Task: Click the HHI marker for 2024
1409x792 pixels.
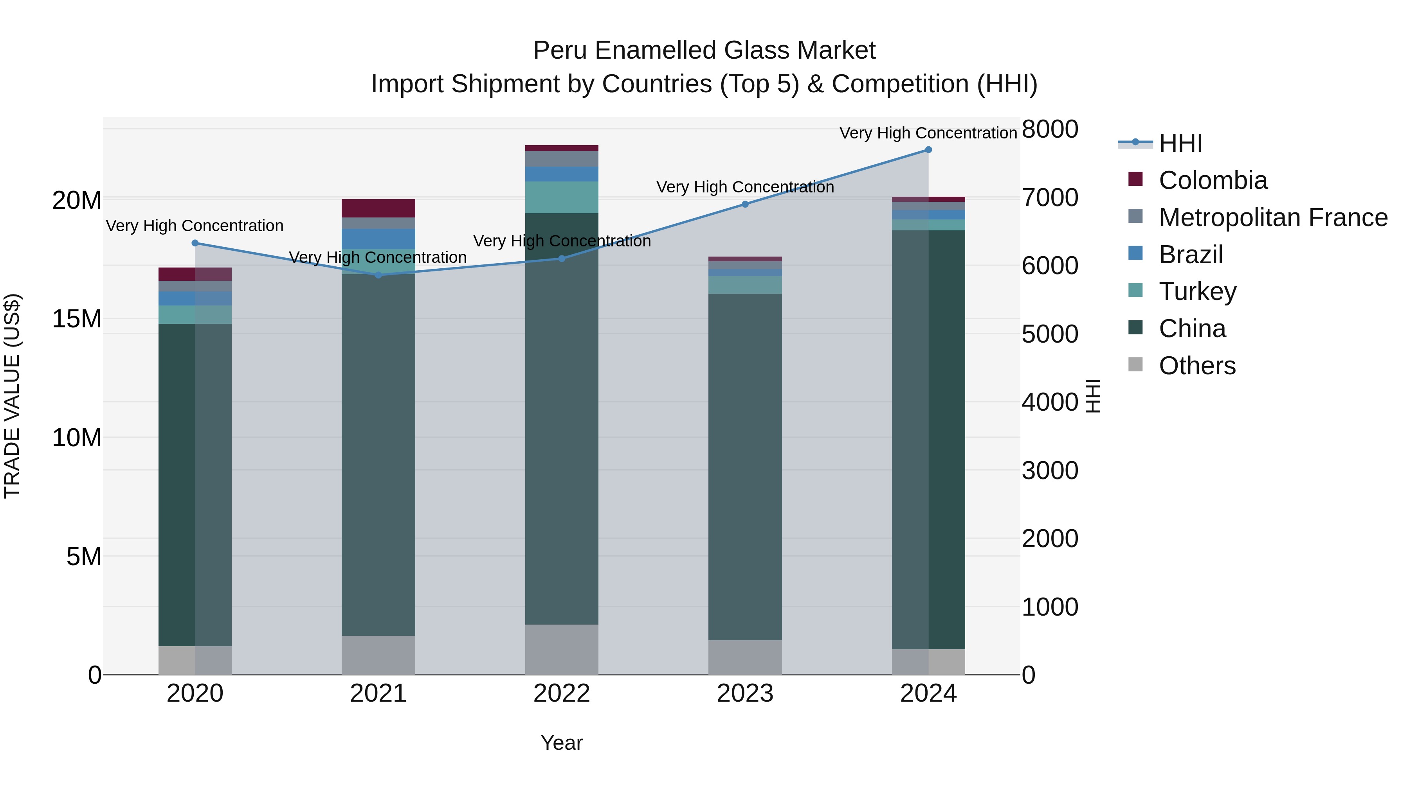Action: pos(928,150)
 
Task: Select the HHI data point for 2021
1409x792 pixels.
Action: pos(378,275)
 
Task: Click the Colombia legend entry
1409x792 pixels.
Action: pos(1213,180)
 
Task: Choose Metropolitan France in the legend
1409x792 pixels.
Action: pos(1273,217)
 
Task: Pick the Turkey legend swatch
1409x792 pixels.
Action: pos(1135,291)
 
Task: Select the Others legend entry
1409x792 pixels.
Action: pos(1197,366)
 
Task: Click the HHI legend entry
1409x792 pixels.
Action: pos(1180,143)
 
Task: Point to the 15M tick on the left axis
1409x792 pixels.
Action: pos(77,319)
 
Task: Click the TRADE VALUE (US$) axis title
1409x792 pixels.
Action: pos(12,396)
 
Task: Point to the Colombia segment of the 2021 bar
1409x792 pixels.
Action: pos(378,208)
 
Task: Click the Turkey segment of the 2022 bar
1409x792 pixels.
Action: pos(562,198)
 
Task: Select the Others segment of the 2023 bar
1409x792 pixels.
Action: pos(745,657)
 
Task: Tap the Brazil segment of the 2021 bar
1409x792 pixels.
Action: pos(378,239)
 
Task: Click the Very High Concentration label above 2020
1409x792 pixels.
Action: pos(195,226)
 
